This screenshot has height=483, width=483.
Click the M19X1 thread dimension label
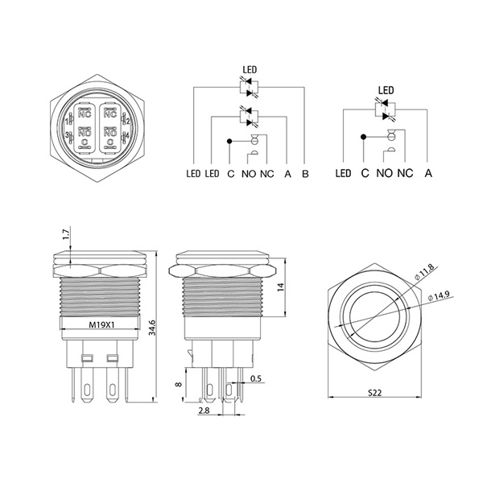pyautogui.click(x=101, y=324)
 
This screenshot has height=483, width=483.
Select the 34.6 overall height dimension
pyautogui.click(x=152, y=328)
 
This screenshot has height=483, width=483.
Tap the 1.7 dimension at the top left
pyautogui.click(x=66, y=235)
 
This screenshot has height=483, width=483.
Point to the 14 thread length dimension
pyautogui.click(x=280, y=287)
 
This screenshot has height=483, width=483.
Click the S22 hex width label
pyautogui.click(x=375, y=393)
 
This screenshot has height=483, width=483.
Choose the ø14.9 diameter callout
pyautogui.click(x=439, y=295)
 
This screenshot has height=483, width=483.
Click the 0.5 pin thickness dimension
pyautogui.click(x=256, y=378)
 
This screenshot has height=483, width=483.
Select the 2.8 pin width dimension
pyautogui.click(x=204, y=411)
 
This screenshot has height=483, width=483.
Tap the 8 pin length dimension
pyautogui.click(x=179, y=384)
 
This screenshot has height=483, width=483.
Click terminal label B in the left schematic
pyautogui.click(x=305, y=174)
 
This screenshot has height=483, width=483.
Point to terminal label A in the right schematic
pyautogui.click(x=428, y=173)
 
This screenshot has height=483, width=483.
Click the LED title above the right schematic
pyautogui.click(x=386, y=90)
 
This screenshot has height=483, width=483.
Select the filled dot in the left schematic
pyautogui.click(x=229, y=141)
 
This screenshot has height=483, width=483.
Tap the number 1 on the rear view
pyautogui.click(x=67, y=122)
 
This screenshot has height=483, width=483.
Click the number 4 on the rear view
pyautogui.click(x=127, y=135)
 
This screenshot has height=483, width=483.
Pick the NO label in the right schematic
pyautogui.click(x=385, y=173)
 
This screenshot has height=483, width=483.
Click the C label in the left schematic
pyautogui.click(x=231, y=174)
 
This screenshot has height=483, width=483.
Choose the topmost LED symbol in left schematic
pyautogui.click(x=250, y=87)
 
